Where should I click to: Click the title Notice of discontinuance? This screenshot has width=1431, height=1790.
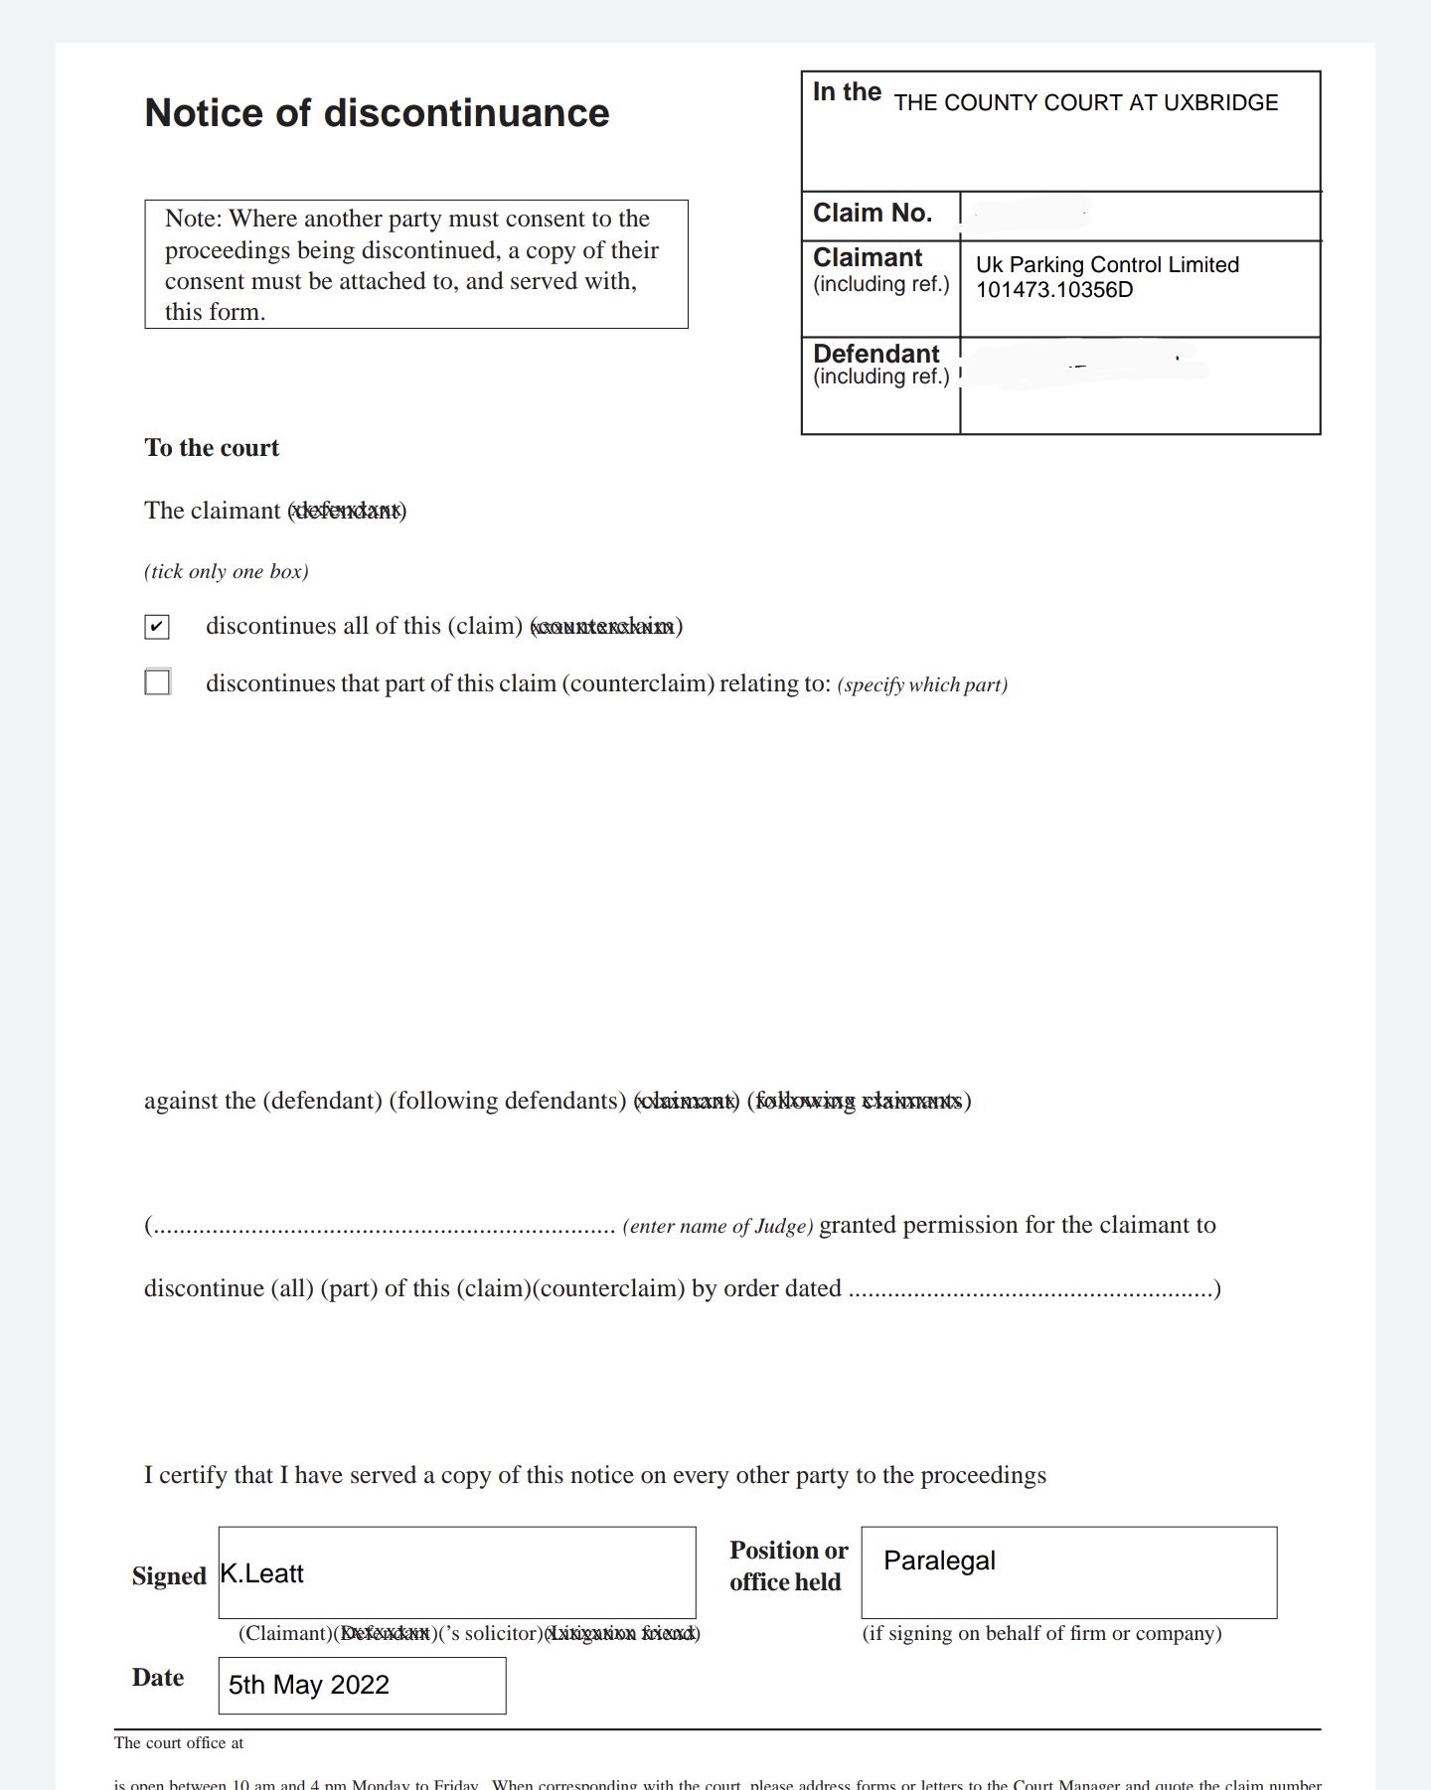coord(377,113)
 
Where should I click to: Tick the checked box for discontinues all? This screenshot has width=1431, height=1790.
coord(157,627)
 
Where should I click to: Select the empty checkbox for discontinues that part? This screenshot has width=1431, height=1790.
coord(157,682)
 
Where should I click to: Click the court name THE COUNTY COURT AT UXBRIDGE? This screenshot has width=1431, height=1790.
coord(1085,103)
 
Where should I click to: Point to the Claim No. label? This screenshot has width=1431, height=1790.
coord(872,214)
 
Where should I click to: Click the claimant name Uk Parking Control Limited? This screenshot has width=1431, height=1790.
coord(1107,265)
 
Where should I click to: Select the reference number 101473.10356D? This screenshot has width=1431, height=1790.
coord(1054,290)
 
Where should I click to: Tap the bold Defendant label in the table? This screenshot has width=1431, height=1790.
coord(875,354)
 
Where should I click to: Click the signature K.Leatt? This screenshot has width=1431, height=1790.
coord(262,1573)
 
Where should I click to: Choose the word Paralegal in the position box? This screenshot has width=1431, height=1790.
coord(939,1561)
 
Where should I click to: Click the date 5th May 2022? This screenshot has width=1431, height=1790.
coord(309,1685)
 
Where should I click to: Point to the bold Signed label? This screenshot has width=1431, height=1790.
coord(169,1576)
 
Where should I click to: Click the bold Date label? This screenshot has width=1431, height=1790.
coord(158,1678)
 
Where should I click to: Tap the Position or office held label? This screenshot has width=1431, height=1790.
coord(788,1566)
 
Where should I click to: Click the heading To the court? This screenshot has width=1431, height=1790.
coord(212,448)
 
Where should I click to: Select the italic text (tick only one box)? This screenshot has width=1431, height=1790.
coord(227,572)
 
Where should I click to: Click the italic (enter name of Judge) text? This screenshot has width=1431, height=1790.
coord(717,1227)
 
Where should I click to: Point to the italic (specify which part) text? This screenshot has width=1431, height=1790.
coord(922,685)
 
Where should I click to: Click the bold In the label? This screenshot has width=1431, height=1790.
coord(847,92)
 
